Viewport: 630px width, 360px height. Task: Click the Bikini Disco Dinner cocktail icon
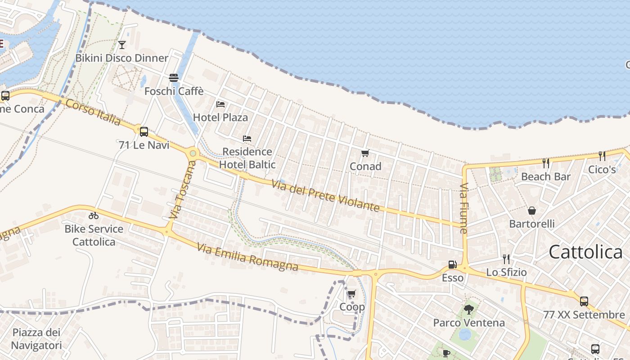(x=121, y=45)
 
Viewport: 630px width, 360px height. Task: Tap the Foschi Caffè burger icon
(x=174, y=78)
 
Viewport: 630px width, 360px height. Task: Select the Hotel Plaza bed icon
(x=220, y=104)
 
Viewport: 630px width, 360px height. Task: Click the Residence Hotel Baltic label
(x=247, y=158)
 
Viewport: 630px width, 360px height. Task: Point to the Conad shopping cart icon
(x=365, y=153)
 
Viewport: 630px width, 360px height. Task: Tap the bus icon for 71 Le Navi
(x=144, y=132)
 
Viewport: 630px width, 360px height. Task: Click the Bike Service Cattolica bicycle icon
(x=94, y=216)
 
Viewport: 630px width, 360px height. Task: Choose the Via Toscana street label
(x=183, y=190)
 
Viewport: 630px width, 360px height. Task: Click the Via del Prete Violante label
(x=326, y=195)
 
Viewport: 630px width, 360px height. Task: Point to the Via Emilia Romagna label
(x=247, y=257)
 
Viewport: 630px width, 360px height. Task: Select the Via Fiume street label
(x=464, y=208)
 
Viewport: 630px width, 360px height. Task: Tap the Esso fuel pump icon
(x=452, y=265)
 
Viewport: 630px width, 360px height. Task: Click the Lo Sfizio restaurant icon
(x=506, y=259)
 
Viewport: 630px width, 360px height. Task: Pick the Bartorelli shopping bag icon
(x=532, y=210)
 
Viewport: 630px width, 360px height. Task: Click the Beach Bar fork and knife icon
(x=546, y=163)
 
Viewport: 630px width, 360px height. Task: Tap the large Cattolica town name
(x=585, y=252)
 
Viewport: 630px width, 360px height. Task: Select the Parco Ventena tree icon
(x=469, y=309)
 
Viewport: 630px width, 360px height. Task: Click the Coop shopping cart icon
(x=352, y=294)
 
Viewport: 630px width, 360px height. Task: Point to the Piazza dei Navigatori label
(x=36, y=339)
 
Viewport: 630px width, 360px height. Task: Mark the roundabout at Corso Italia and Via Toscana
(x=193, y=153)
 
